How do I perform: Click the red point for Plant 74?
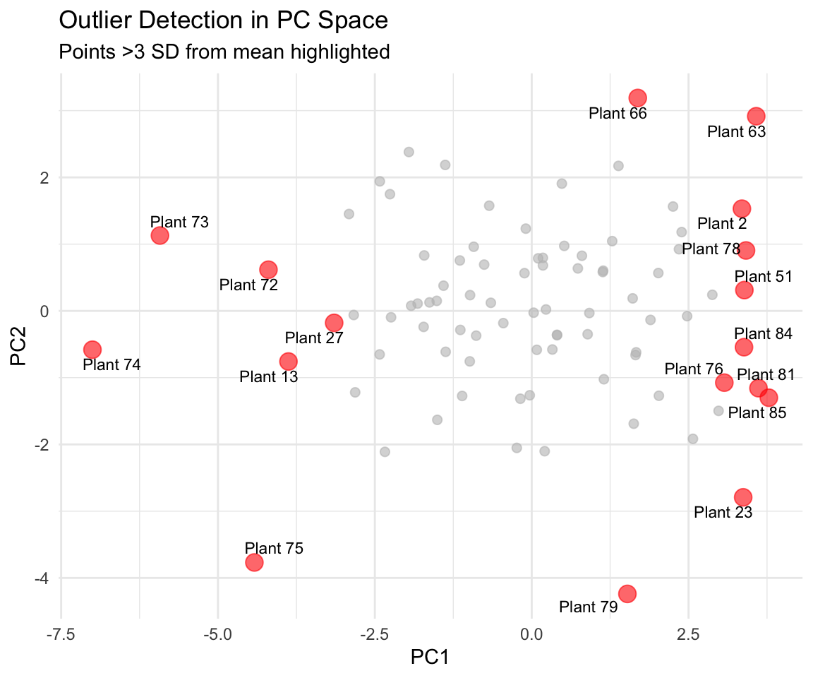92,349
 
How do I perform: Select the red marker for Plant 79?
627,593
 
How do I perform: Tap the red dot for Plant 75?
254,562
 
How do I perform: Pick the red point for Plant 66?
638,97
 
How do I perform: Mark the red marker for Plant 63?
756,117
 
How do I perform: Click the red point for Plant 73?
159,235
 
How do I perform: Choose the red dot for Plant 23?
743,497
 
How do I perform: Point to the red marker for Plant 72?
268,270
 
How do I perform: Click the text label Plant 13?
269,376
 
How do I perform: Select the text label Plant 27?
314,338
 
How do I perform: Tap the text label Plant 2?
722,224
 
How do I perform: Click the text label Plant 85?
757,413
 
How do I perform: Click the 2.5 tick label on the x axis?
688,634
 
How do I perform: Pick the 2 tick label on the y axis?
44,177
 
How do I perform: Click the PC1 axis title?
430,657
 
